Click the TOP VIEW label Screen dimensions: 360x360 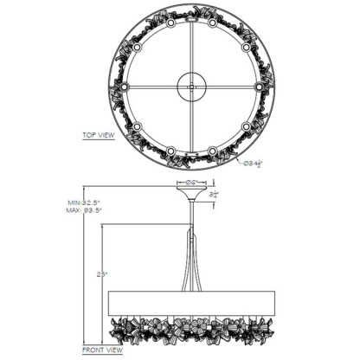coord(99,135)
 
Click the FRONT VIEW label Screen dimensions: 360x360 coord(101,351)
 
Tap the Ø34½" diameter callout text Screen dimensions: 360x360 coord(253,161)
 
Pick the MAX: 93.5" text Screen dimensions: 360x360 coord(85,210)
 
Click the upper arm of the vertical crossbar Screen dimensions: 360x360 coord(191,43)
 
